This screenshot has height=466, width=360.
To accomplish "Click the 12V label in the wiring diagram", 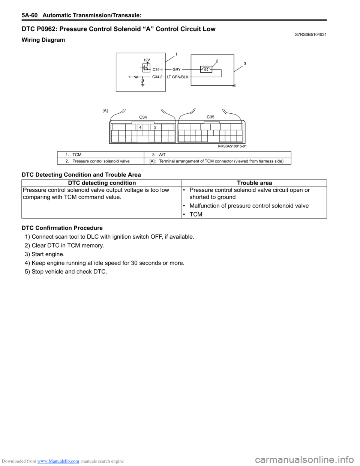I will pos(147,60).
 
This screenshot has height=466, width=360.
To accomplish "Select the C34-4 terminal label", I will pos(157,69).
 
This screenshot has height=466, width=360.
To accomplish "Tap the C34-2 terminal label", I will pos(157,77).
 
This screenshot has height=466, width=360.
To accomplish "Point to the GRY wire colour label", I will pos(177,69).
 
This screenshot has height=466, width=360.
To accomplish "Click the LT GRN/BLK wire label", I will pos(178,77).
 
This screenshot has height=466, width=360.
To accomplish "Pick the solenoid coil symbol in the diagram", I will pos(206,69).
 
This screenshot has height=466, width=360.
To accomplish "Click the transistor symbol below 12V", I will pos(146,68).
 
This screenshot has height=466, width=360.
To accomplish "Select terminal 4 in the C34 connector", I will pos(140,128).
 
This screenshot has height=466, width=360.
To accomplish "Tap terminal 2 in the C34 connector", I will pos(155,128).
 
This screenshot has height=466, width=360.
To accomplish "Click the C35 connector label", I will pos(210,117).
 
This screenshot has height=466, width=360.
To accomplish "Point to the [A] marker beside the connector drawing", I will pos(105,111).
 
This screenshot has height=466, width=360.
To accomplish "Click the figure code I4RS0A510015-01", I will pos(232,146).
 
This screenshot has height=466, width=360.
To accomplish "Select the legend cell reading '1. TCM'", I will pos(73,155).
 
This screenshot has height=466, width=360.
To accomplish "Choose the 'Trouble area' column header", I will pos(254,183).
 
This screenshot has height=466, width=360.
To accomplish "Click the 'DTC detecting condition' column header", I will pos(102,183).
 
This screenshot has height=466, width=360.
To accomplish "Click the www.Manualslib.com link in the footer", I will pos(58,461).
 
